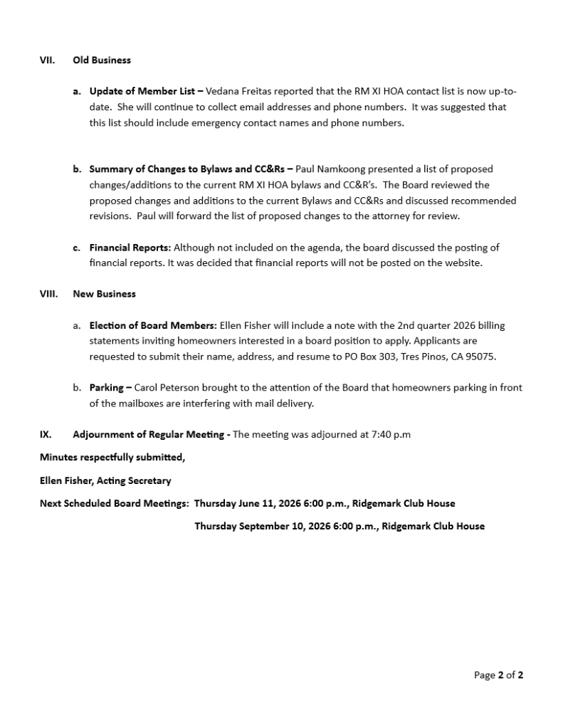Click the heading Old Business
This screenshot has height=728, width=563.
click(x=102, y=60)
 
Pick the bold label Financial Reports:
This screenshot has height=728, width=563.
click(x=130, y=248)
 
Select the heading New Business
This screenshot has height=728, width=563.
click(x=104, y=294)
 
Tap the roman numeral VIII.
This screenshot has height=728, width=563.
click(x=48, y=294)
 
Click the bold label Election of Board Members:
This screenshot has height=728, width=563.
click(x=153, y=326)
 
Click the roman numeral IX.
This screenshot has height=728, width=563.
click(x=45, y=435)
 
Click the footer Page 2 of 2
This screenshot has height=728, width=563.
click(x=498, y=675)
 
